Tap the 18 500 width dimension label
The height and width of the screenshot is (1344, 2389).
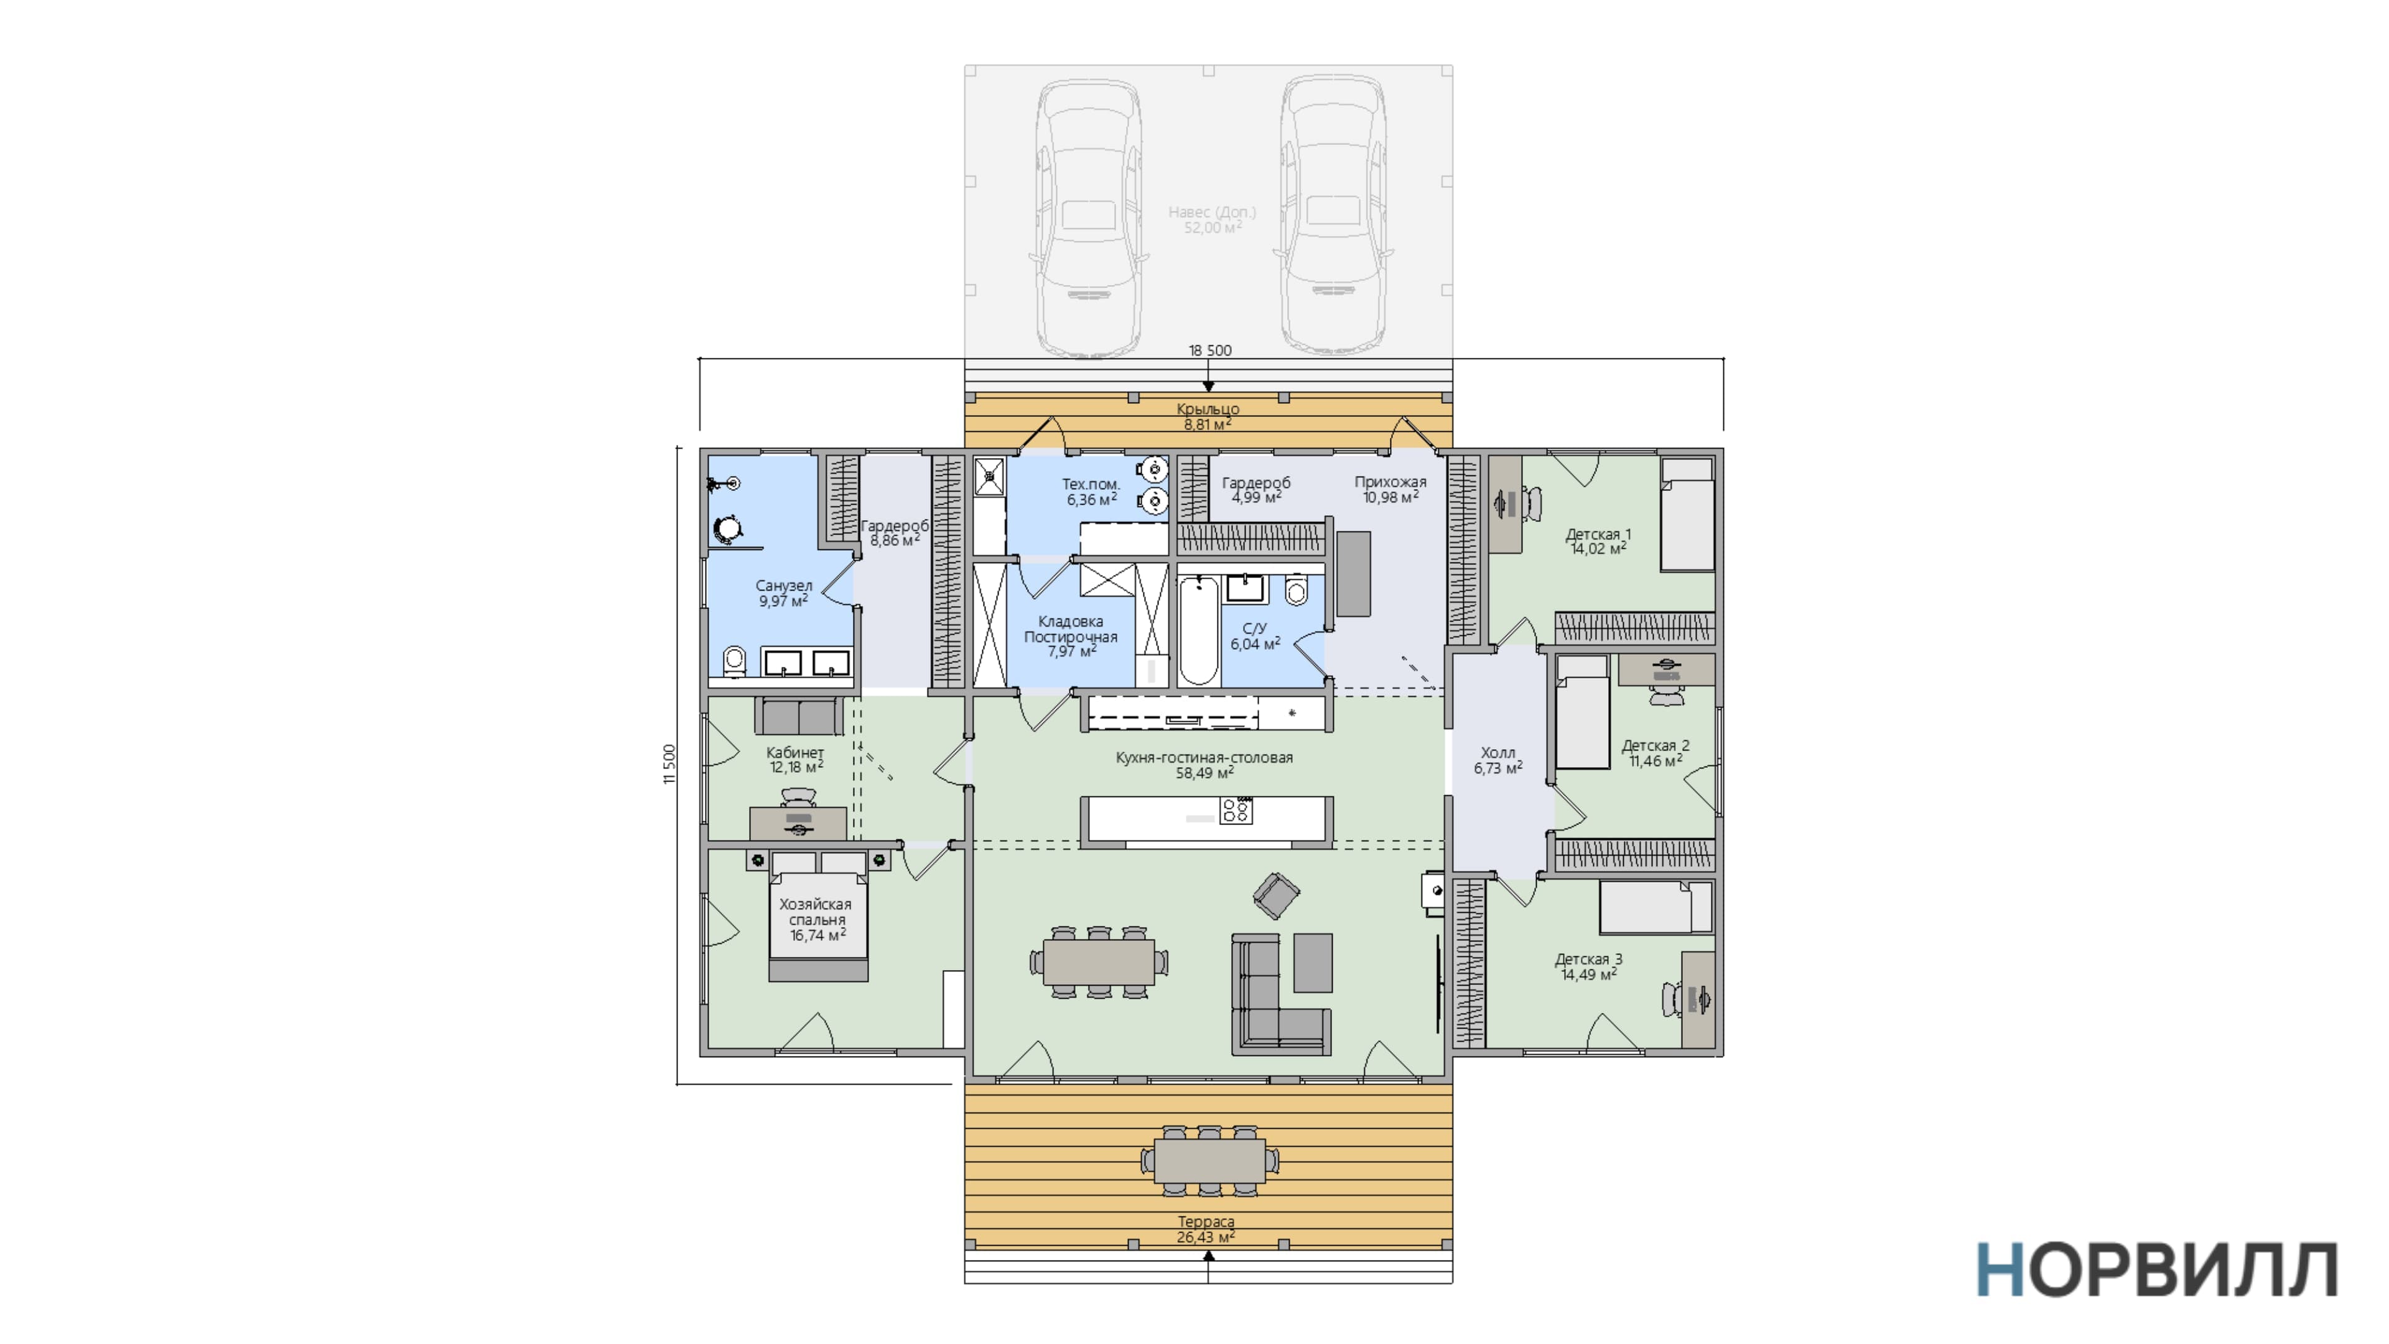click(x=1210, y=350)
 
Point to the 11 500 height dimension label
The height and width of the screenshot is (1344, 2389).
click(x=669, y=764)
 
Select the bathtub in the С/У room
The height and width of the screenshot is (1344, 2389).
click(x=1198, y=631)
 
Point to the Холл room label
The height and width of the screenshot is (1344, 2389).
click(x=1497, y=753)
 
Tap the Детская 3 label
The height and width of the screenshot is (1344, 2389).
click(x=1589, y=959)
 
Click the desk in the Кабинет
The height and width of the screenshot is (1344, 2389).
click(x=798, y=823)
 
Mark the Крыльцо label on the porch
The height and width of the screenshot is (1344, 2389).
click(x=1208, y=409)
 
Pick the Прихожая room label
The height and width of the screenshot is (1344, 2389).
click(x=1390, y=482)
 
